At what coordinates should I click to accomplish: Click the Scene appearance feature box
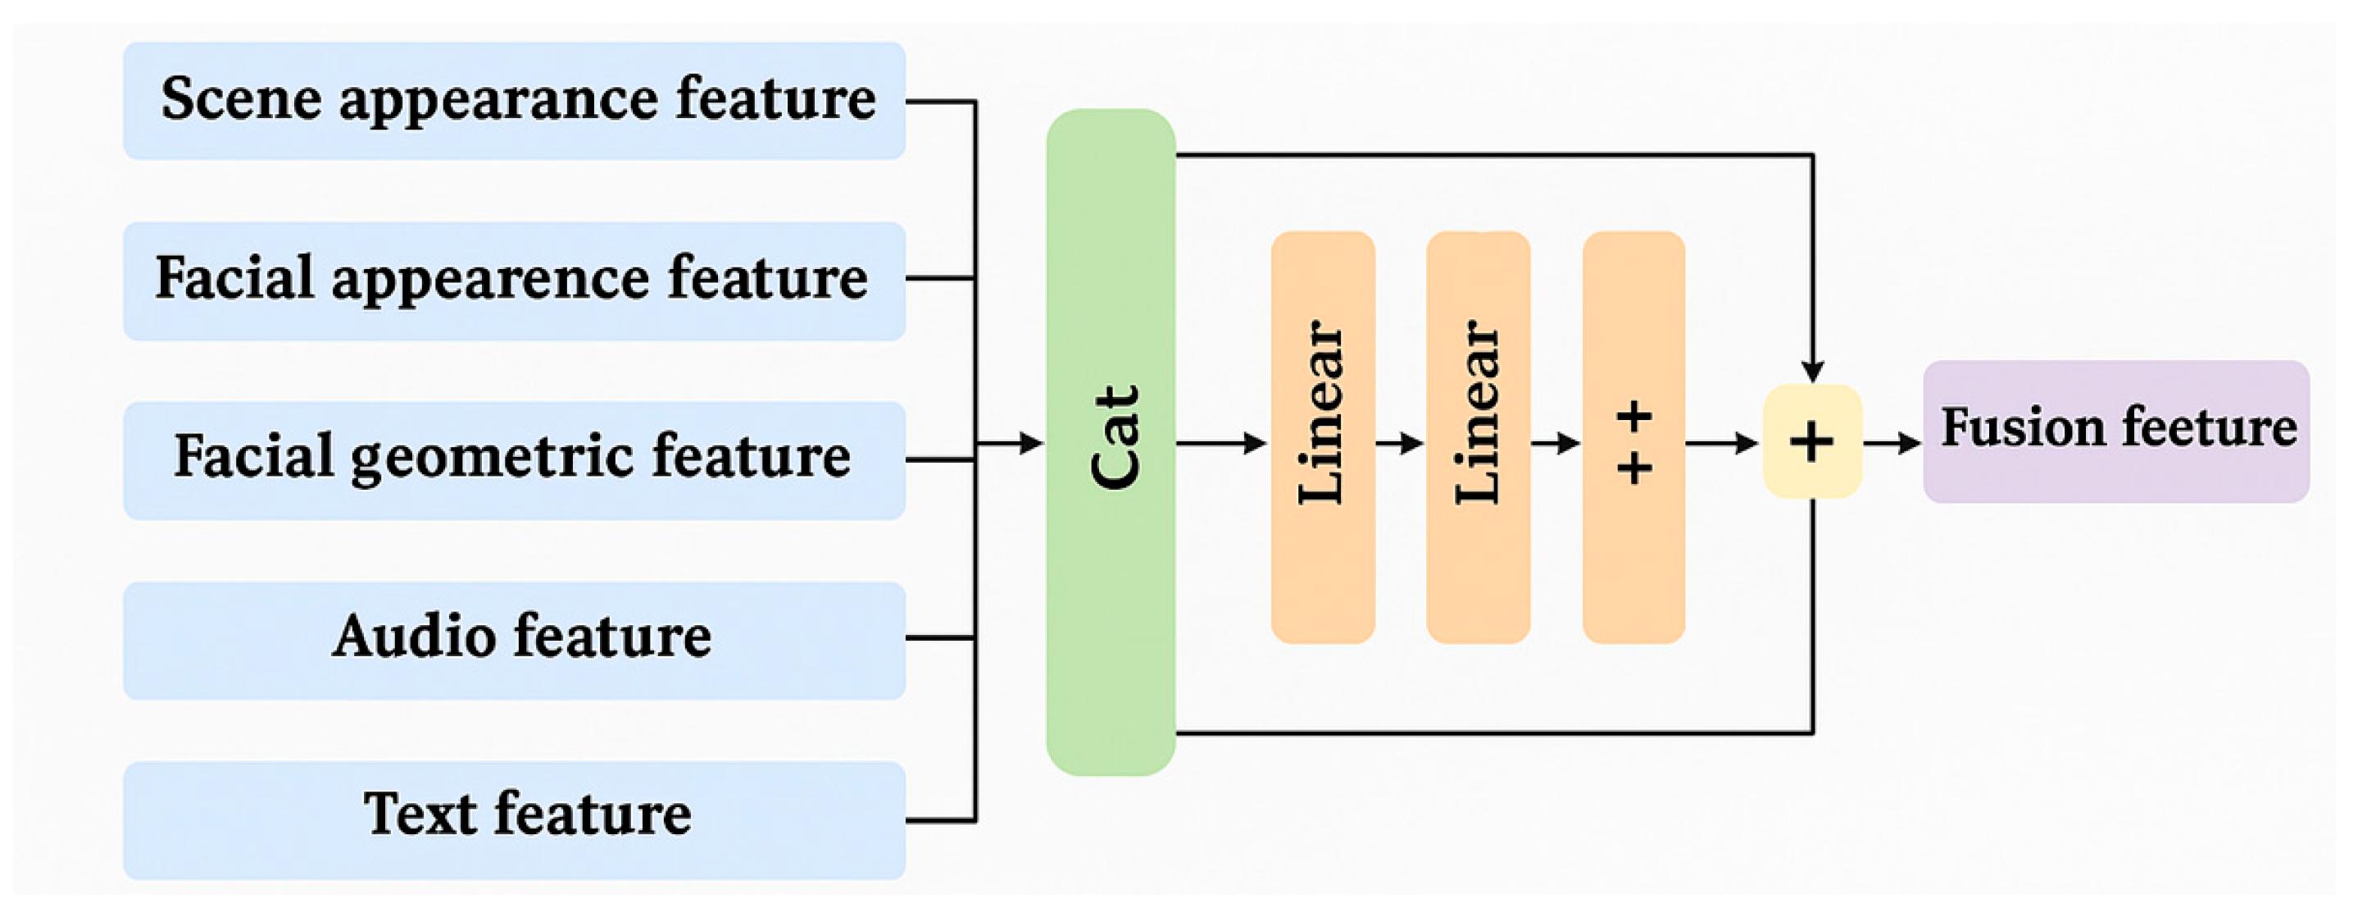[515, 101]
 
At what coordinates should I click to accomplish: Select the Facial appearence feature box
[515, 281]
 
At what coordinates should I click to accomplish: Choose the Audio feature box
[515, 640]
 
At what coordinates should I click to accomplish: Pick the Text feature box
[515, 819]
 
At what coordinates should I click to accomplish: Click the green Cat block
[1111, 442]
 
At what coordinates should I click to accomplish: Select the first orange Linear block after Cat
[1323, 438]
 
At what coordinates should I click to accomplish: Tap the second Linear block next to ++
[1478, 438]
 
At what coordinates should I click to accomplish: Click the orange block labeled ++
[1633, 438]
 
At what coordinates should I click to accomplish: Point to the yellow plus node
[1811, 442]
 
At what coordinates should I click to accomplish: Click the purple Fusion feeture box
[2115, 431]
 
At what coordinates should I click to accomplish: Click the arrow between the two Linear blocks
[1401, 444]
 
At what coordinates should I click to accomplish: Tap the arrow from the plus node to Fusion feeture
[1892, 444]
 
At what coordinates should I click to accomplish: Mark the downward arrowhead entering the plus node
[1812, 371]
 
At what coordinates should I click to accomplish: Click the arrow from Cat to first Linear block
[1222, 444]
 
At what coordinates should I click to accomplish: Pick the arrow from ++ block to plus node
[1721, 444]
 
